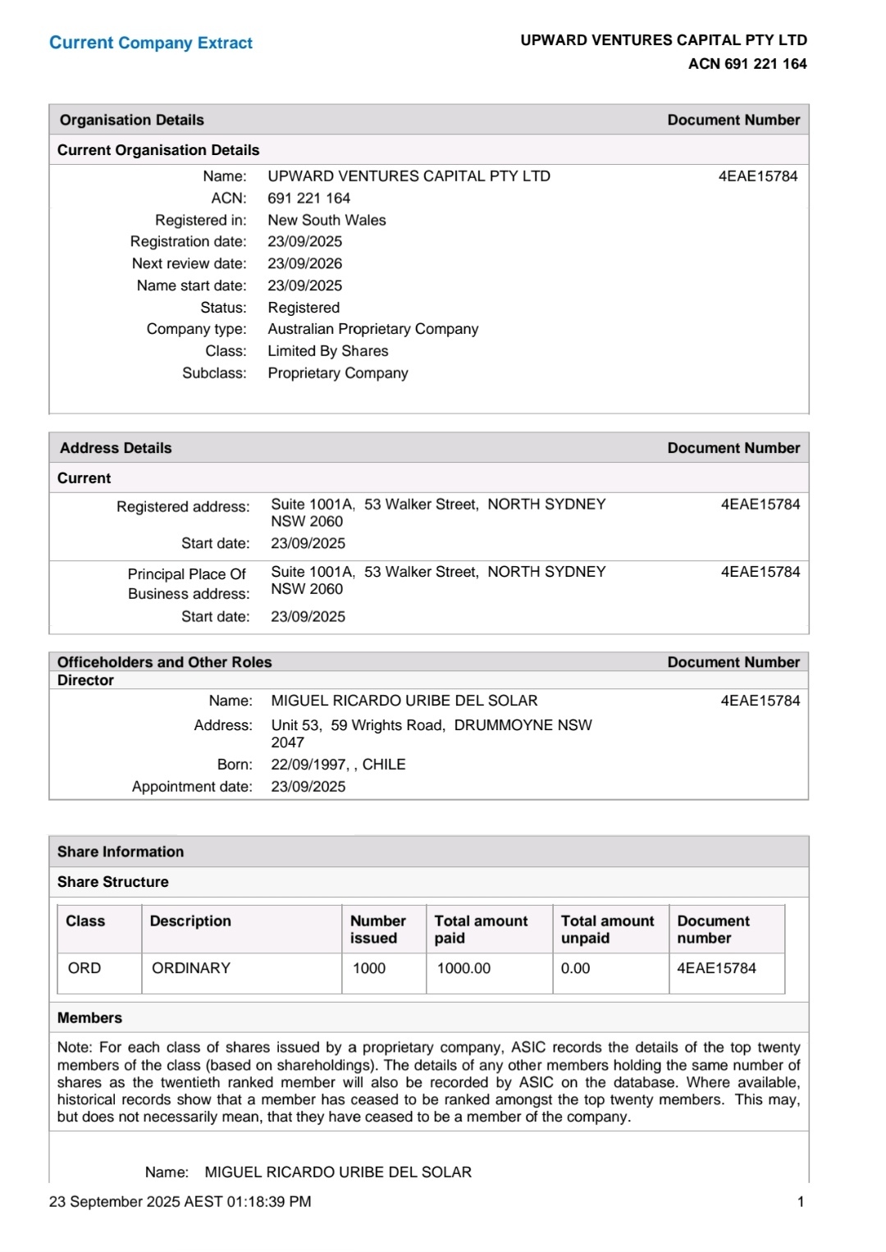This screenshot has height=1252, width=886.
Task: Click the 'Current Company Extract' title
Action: pos(151,43)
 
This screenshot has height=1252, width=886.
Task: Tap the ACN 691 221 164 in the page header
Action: pos(747,64)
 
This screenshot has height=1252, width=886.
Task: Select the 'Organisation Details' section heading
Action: pos(132,120)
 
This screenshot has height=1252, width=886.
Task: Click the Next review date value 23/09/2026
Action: pos(305,263)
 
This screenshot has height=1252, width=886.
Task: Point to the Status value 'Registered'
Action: pos(304,308)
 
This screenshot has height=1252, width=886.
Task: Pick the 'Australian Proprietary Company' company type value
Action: pos(373,329)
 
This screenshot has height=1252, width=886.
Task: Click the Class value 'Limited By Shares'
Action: pos(328,351)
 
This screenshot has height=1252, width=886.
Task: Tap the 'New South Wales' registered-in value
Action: pos(327,220)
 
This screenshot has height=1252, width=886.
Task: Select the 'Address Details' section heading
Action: pos(116,448)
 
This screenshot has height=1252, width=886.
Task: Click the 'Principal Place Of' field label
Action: pos(187,574)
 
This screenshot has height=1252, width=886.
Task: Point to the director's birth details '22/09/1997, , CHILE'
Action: pos(338,765)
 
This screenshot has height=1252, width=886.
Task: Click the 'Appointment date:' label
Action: pos(192,787)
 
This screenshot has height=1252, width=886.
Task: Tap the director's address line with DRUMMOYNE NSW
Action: pos(432,725)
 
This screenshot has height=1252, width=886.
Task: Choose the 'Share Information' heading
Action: pos(121,852)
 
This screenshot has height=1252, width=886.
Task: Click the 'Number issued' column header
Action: pos(378,930)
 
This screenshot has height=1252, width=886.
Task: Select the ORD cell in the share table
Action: pos(84,968)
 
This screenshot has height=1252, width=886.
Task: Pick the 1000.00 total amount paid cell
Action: pos(464,968)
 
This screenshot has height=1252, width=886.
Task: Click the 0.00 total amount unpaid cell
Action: pos(576,968)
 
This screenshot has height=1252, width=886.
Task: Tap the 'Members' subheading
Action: pos(89,1018)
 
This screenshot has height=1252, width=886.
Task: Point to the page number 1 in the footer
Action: pos(801,1202)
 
